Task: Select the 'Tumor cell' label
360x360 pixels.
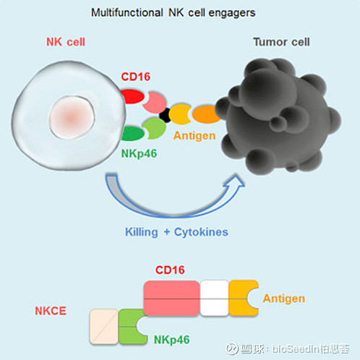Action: coord(280,42)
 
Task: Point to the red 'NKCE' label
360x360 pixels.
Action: coord(51,311)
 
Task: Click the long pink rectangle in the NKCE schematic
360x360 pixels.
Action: coord(172,298)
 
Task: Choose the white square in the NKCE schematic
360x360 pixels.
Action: coord(214,298)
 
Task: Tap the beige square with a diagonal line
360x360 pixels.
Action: coord(103,325)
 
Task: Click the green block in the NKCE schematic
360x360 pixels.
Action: coord(133,325)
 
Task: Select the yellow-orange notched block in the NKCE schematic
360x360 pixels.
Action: coord(242,298)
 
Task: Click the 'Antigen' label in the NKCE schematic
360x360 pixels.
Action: coord(284,298)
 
